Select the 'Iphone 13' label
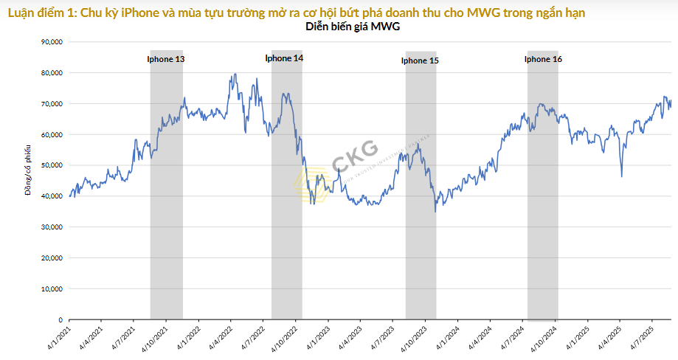tap(165, 59)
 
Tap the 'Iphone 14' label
tap(284, 58)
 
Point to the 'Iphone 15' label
tap(420, 61)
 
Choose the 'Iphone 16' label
tap(543, 59)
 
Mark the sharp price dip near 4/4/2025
tap(622, 176)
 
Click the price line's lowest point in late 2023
tap(435, 212)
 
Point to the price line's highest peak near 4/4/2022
tap(235, 74)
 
